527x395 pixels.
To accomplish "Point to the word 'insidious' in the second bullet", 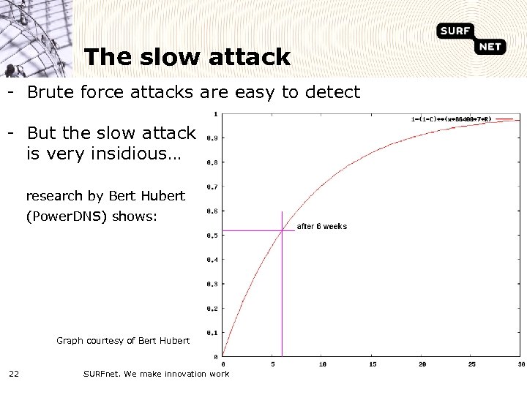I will [x=131, y=154].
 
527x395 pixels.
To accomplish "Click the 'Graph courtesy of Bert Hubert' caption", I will [x=123, y=340].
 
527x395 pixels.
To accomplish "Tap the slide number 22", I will [x=14, y=375].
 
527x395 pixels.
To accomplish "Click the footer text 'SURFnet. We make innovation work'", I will [x=156, y=375].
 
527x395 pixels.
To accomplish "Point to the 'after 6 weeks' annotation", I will [x=321, y=227].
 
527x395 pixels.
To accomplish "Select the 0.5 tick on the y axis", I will [x=212, y=236].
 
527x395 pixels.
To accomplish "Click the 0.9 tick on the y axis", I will [x=212, y=138].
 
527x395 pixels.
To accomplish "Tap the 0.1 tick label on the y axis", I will [x=212, y=333].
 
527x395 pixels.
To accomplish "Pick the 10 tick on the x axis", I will [x=323, y=364].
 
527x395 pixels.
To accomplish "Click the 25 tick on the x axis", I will [x=472, y=364].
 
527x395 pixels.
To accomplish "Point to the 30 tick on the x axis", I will [x=520, y=364].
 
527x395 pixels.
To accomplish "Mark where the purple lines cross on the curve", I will [x=282, y=231].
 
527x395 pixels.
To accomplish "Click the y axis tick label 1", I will [x=214, y=113].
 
